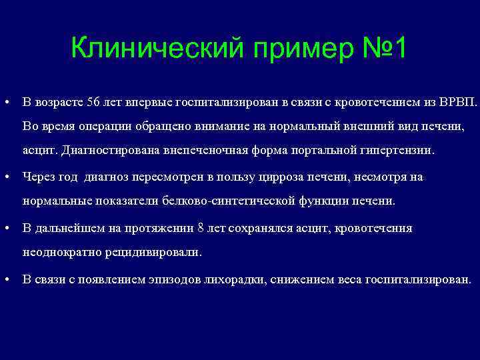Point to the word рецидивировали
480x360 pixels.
[157, 253]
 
